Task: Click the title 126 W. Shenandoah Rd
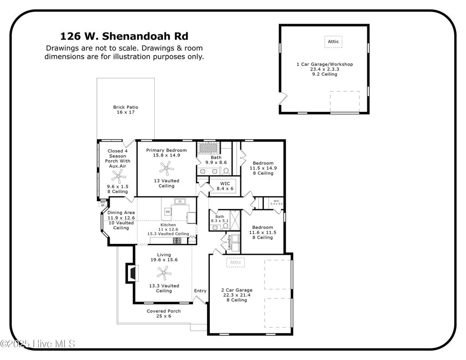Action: pos(124,36)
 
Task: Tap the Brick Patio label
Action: pos(126,107)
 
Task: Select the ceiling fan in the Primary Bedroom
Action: pos(166,169)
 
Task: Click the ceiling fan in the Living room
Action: pos(164,273)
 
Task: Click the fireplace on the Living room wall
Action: pos(131,273)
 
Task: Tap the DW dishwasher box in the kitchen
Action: pos(168,212)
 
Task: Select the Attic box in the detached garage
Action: pos(333,42)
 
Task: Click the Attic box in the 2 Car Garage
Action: pos(235,262)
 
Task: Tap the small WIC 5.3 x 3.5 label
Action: pos(276,203)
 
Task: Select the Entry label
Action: pos(200,291)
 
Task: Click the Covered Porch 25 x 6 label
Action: pos(163,314)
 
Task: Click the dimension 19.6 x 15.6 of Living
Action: pos(164,260)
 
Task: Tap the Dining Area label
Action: pos(121,213)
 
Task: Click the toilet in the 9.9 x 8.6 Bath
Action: pos(226,171)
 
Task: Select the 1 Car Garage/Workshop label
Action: pos(324,64)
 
